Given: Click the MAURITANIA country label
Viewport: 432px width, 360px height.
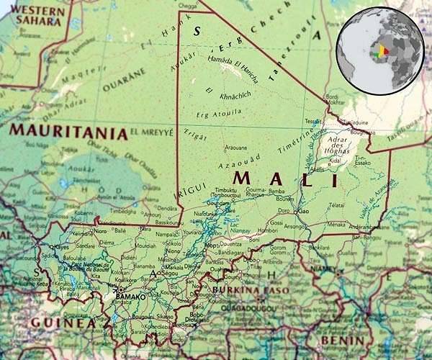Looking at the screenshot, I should [x=68, y=132].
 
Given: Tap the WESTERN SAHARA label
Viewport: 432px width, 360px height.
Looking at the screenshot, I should [x=39, y=16].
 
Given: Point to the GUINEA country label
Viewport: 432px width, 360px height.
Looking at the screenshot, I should [x=62, y=323].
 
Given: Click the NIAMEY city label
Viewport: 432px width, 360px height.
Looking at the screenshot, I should [x=327, y=271].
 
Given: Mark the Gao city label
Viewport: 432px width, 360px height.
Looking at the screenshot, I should [x=304, y=211].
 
